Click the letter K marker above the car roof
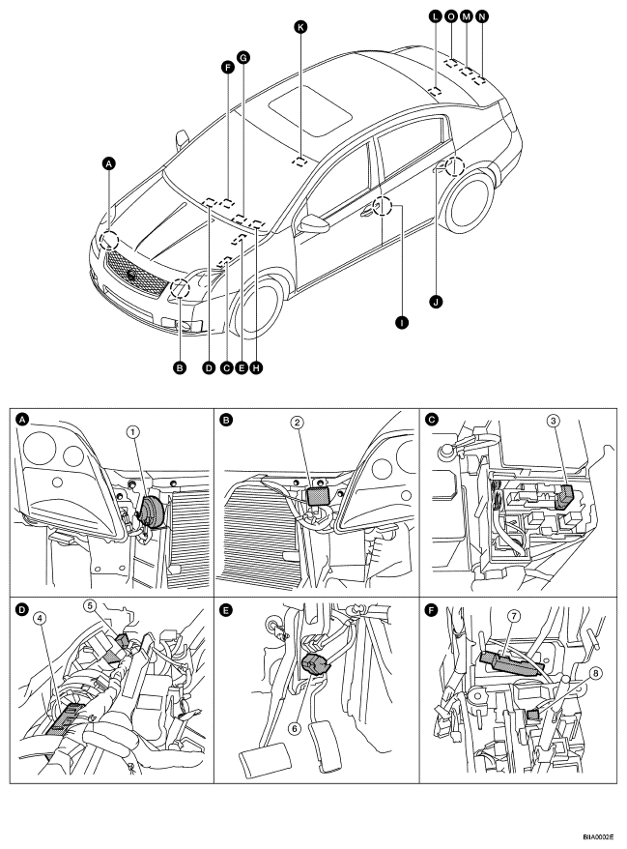coord(300,26)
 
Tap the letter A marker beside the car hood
coord(109,162)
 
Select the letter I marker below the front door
coord(401,323)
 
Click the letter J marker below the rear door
coord(436,301)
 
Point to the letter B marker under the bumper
coord(180,367)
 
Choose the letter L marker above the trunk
coord(435,16)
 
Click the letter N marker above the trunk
coord(481,16)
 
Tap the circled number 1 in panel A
coord(133,431)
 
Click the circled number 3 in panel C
coord(553,421)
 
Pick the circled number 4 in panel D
coord(39,617)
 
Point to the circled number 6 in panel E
coord(295,728)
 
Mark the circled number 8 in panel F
coord(596,673)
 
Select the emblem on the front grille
coord(132,275)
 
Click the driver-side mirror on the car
coord(314,224)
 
